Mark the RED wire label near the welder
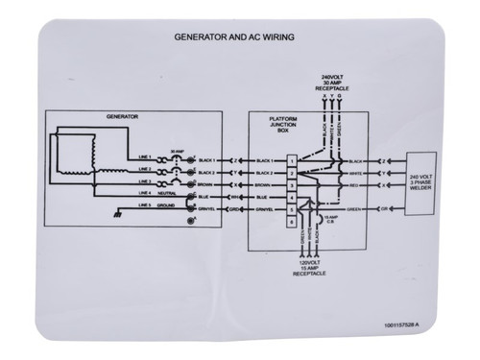point(354,181)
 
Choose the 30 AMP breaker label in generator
point(175,148)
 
